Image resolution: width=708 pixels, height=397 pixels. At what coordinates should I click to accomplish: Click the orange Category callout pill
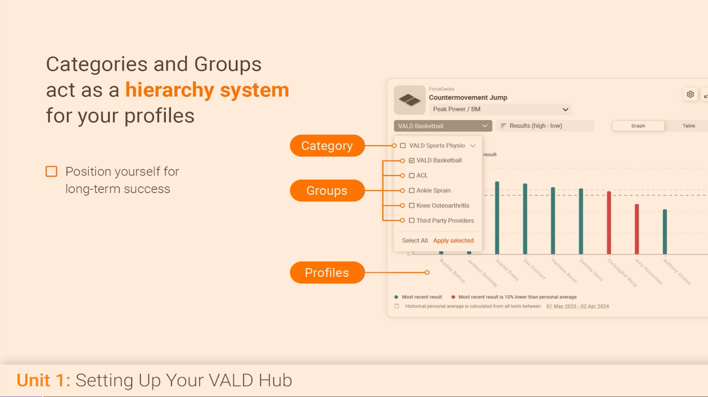tap(327, 146)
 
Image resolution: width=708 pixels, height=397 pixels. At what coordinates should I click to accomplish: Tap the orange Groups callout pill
tap(327, 191)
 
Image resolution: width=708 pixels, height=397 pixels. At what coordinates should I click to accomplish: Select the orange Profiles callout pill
tap(327, 273)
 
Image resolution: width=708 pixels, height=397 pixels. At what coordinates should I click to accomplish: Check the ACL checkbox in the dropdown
tap(412, 175)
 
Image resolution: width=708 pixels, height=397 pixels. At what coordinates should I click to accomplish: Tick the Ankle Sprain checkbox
tap(412, 190)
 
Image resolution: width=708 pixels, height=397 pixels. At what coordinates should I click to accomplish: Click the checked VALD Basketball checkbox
tap(412, 160)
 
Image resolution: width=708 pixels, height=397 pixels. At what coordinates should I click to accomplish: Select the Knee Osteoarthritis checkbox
tap(412, 205)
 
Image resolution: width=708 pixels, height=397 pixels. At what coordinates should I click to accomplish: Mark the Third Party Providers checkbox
tap(412, 221)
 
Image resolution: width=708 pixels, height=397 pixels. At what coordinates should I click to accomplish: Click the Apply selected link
tap(453, 240)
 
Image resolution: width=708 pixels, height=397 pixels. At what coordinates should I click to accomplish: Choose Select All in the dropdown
tap(415, 240)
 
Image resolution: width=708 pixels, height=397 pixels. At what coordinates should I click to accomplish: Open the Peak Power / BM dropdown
tap(500, 110)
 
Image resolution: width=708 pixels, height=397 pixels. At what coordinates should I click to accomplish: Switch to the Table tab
tap(688, 126)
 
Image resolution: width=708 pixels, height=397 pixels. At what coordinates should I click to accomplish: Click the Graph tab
tap(638, 126)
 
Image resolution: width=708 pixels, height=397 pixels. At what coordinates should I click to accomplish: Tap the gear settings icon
tap(690, 95)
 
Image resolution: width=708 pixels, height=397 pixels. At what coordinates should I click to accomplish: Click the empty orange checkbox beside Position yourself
tap(51, 172)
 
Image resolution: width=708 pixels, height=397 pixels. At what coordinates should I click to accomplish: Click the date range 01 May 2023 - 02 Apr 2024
tap(577, 306)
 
